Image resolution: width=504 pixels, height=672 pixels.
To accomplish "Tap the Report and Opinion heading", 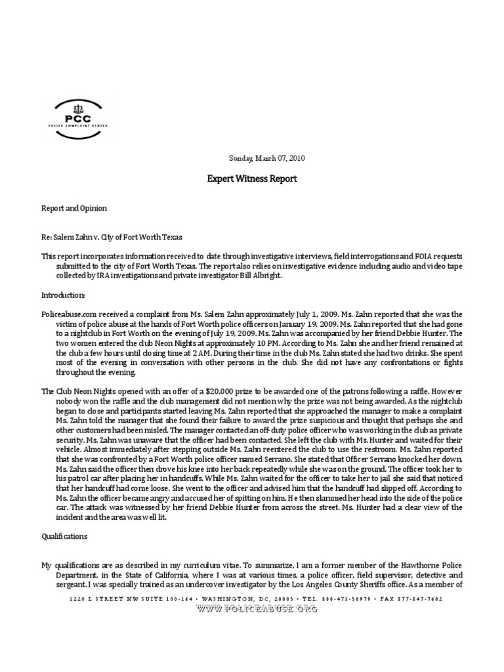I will pyautogui.click(x=74, y=208).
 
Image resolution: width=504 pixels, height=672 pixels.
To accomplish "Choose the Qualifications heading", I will pyautogui.click(x=64, y=536).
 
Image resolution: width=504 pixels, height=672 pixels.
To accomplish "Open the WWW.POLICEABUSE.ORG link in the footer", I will pyautogui.click(x=257, y=608).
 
